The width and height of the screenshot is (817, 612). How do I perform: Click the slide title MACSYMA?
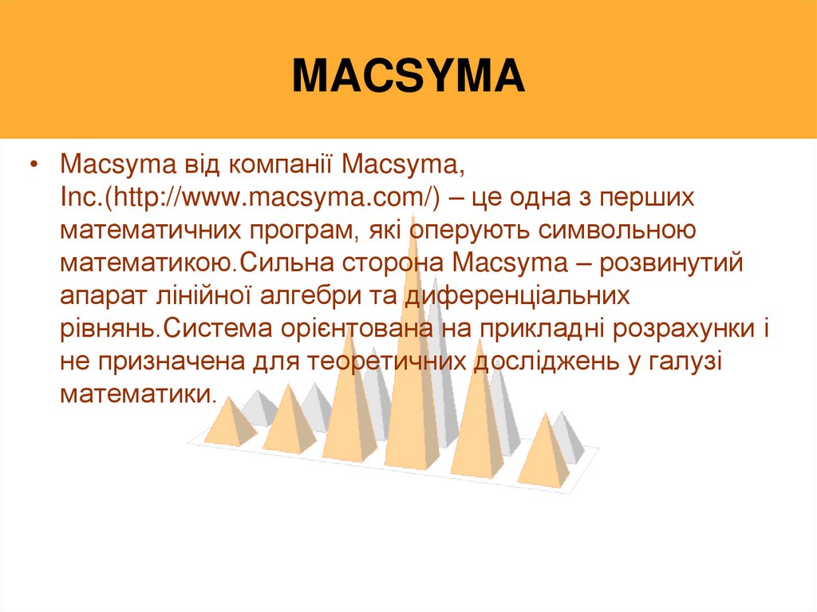coord(408,77)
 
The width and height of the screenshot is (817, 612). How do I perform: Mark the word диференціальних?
coord(513,296)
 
